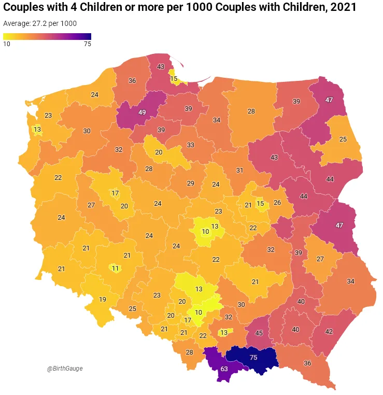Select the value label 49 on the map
[142, 112]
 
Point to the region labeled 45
[259, 333]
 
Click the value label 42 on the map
[329, 331]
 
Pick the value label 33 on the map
[191, 145]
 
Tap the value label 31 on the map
[239, 170]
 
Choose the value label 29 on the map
[191, 183]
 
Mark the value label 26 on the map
[277, 202]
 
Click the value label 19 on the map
[103, 299]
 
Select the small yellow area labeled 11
[116, 268]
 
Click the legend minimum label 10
[7, 44]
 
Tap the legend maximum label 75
[87, 44]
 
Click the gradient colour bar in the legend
[47, 36]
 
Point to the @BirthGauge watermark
[65, 369]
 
